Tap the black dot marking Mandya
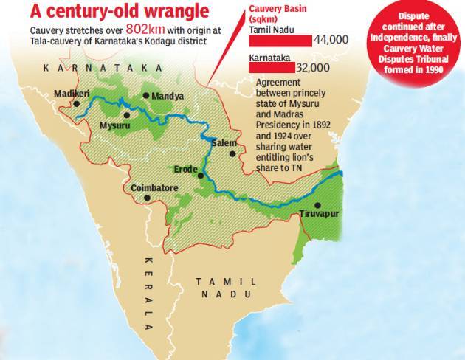point(146,96)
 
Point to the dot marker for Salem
point(232,153)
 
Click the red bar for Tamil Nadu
point(280,41)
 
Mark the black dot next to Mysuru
point(126,115)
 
